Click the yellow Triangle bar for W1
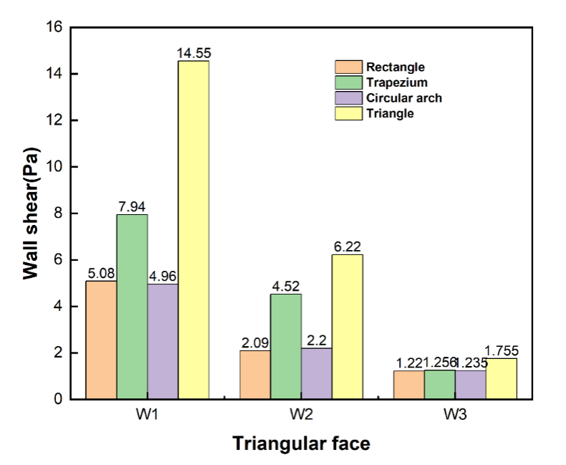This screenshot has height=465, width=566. pyautogui.click(x=193, y=229)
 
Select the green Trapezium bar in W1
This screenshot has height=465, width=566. pyautogui.click(x=133, y=307)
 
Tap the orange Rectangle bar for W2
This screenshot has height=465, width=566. pyautogui.click(x=255, y=375)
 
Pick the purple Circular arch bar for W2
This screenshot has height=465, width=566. pyautogui.click(x=317, y=373)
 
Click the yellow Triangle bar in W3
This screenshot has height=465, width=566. pyautogui.click(x=501, y=378)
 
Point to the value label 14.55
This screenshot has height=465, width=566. pyautogui.click(x=193, y=54)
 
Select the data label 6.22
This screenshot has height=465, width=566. pyautogui.click(x=347, y=247)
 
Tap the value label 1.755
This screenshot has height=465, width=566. pyautogui.click(x=502, y=351)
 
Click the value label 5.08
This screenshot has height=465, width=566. pyautogui.click(x=102, y=274)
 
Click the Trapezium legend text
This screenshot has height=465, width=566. pyautogui.click(x=397, y=82)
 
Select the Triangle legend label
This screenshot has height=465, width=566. pyautogui.click(x=390, y=113)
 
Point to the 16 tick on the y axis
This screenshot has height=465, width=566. pyautogui.click(x=55, y=27)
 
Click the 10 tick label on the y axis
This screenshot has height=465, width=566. pyautogui.click(x=55, y=167)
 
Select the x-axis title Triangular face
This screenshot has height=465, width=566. pyautogui.click(x=301, y=444)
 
